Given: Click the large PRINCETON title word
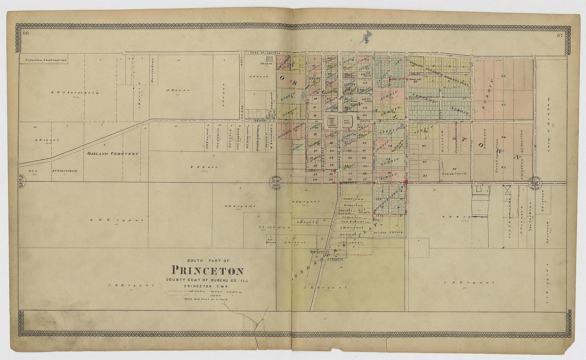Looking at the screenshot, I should [x=207, y=271].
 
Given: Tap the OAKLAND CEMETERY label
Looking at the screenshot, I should [x=113, y=153].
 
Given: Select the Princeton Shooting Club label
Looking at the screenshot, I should [x=42, y=60].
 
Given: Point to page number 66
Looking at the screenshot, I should [x=25, y=34].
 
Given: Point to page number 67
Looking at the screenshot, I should [x=560, y=35].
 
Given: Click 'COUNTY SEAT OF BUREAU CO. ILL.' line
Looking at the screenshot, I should [x=207, y=280].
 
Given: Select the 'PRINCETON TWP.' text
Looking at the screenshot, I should [x=207, y=286].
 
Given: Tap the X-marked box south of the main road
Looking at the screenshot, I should [x=507, y=190].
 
